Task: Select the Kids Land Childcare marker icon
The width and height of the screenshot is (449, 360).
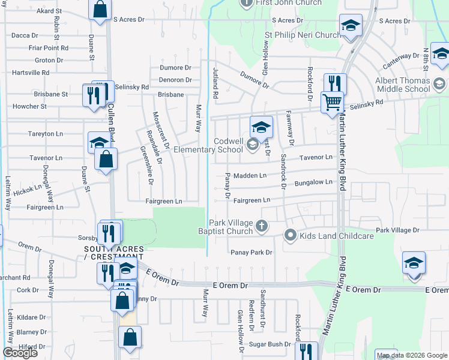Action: [291, 235]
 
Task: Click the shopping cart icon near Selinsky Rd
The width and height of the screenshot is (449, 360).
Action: [332, 101]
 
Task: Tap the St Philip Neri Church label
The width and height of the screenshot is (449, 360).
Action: [303, 35]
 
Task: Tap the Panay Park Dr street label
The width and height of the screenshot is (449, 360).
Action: [252, 253]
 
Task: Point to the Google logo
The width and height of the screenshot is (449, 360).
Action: [20, 353]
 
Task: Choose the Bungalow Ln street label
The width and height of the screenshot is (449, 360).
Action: [313, 182]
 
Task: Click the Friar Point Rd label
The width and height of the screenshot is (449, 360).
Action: [32, 47]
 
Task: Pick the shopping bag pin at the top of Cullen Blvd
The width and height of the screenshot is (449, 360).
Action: [100, 8]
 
